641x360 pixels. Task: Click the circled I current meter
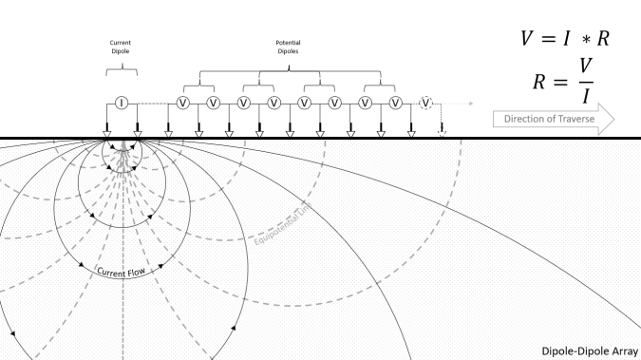coord(122,103)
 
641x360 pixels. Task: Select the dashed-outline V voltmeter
coord(426,103)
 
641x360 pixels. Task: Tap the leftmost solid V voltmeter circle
coord(183,103)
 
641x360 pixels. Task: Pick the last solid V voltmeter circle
coord(396,103)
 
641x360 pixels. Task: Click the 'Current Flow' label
coord(121,273)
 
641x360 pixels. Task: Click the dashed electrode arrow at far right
coord(442,130)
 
